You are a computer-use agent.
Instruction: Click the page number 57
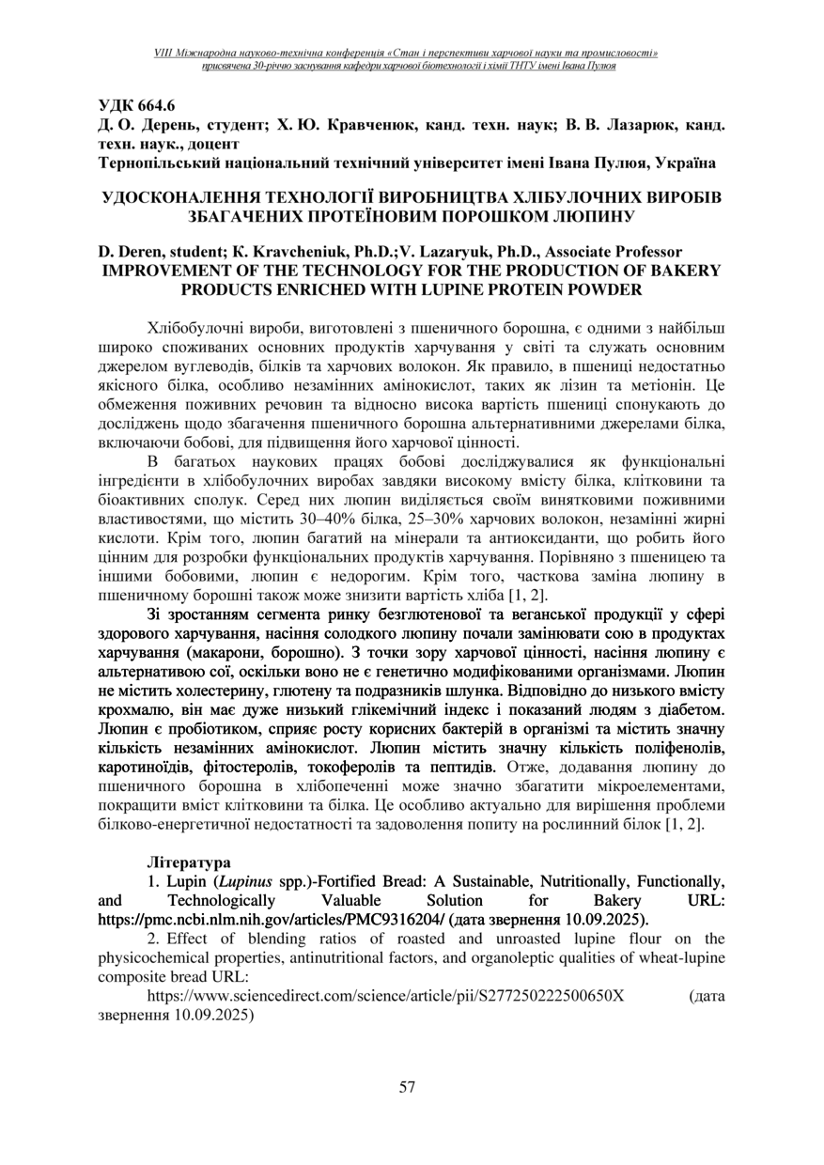pyautogui.click(x=407, y=1087)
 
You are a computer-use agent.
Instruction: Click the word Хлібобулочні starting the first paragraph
pyautogui.click(x=196, y=327)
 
